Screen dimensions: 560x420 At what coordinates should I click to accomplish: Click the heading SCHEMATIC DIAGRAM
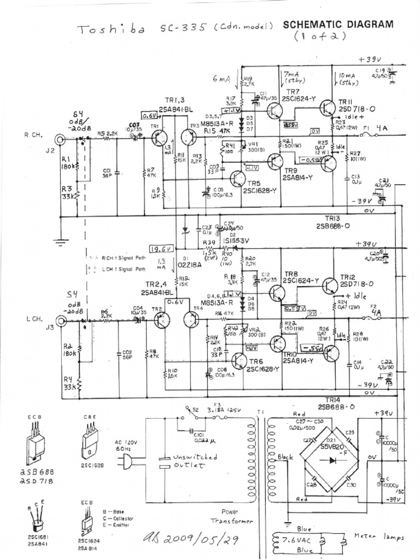[338, 24]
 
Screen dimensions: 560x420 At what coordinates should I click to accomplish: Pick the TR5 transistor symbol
[239, 179]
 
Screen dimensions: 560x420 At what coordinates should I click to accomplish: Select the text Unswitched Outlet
[179, 461]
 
